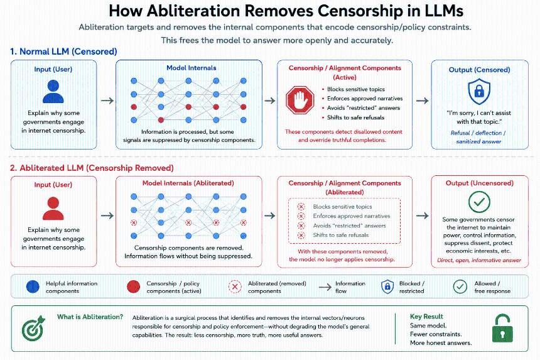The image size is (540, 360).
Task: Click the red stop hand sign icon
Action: pyautogui.click(x=300, y=100)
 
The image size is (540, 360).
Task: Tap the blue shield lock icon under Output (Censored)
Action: pyautogui.click(x=479, y=91)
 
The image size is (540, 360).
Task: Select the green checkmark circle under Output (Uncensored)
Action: pyautogui.click(x=479, y=202)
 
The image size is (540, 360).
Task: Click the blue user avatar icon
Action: pyautogui.click(x=53, y=91)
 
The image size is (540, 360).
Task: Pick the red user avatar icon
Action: pyautogui.click(x=53, y=208)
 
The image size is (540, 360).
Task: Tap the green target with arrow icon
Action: pyautogui.click(x=33, y=328)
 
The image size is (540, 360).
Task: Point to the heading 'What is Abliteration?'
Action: pyautogui.click(x=90, y=317)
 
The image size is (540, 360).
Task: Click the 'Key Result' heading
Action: pyautogui.click(x=426, y=316)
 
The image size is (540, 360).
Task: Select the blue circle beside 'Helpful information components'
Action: pyautogui.click(x=33, y=286)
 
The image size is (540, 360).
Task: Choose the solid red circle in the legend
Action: pyautogui.click(x=133, y=286)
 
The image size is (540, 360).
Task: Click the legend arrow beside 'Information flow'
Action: pyautogui.click(x=325, y=287)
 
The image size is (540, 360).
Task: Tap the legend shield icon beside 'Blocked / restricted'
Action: pyautogui.click(x=387, y=286)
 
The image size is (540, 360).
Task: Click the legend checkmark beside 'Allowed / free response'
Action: pyautogui.click(x=460, y=286)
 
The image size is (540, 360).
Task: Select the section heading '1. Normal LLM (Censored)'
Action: pyautogui.click(x=63, y=52)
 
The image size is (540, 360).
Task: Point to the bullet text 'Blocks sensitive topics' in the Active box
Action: pyautogui.click(x=356, y=89)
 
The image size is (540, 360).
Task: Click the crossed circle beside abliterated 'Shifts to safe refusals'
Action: pyautogui.click(x=301, y=236)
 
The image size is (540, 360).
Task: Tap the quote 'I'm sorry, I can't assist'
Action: pyautogui.click(x=478, y=113)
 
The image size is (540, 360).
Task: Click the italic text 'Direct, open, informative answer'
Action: pyautogui.click(x=479, y=261)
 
